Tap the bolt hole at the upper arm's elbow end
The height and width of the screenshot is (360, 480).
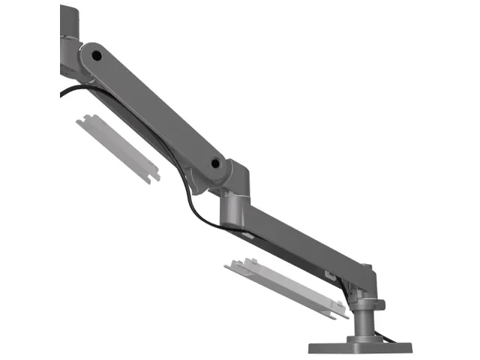(x=215, y=162)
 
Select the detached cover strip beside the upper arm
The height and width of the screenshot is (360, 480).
(x=118, y=147)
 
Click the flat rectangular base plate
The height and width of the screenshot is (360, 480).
(x=360, y=347)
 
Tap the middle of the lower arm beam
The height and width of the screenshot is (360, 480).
(x=300, y=240)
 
